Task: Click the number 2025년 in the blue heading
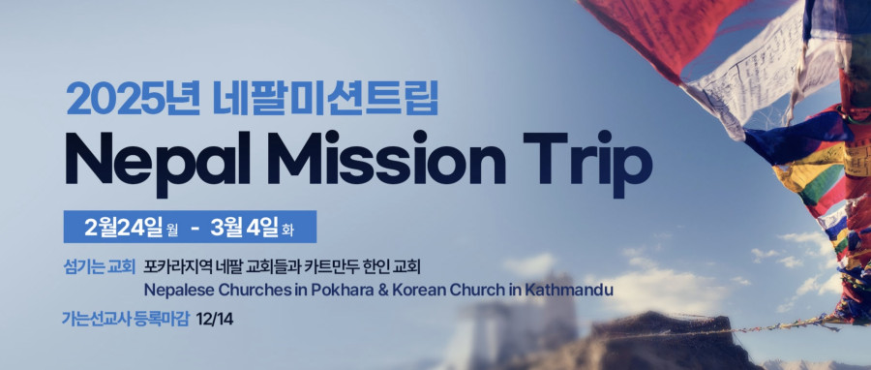[133, 99]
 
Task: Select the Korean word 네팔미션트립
[326, 99]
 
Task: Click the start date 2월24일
[123, 228]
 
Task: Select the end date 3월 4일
[244, 228]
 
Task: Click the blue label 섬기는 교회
[100, 266]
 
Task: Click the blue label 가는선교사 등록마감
[126, 319]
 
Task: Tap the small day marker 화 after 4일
[287, 230]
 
